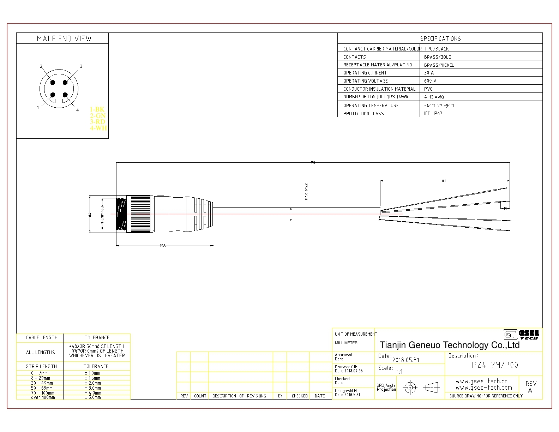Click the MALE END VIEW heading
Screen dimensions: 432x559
pyautogui.click(x=64, y=38)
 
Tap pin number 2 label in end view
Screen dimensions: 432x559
pyautogui.click(x=41, y=66)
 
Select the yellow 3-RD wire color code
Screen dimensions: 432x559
pyautogui.click(x=98, y=122)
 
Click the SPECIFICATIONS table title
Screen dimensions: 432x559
pyautogui.click(x=440, y=38)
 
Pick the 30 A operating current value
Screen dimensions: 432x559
pyautogui.click(x=429, y=73)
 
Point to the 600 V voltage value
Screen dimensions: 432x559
pyautogui.click(x=430, y=81)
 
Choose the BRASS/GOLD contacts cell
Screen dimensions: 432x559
pyautogui.click(x=438, y=57)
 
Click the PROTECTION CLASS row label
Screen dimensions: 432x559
pyautogui.click(x=363, y=114)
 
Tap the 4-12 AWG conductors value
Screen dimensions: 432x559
pyautogui.click(x=434, y=97)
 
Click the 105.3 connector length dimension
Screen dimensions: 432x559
pyautogui.click(x=162, y=246)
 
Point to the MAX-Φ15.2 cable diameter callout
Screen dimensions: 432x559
pyautogui.click(x=306, y=192)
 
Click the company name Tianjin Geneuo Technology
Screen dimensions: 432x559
pyautogui.click(x=449, y=345)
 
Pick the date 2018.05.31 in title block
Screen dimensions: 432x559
pyautogui.click(x=406, y=360)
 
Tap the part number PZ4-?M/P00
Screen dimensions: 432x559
pyautogui.click(x=495, y=365)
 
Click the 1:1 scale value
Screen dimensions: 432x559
pyautogui.click(x=399, y=372)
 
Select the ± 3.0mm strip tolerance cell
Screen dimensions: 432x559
pyautogui.click(x=93, y=388)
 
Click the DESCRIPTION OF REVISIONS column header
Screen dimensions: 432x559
pyautogui.click(x=239, y=396)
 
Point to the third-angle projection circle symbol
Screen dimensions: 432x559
pyautogui.click(x=410, y=388)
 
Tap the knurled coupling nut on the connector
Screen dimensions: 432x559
pyautogui.click(x=140, y=214)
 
